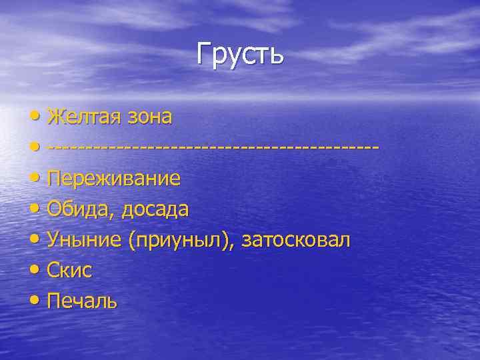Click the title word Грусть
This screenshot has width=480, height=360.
click(240, 54)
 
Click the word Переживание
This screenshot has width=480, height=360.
click(114, 179)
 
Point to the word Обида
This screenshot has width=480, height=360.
click(74, 209)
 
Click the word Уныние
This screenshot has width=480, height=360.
click(85, 240)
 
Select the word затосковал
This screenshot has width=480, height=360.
click(295, 240)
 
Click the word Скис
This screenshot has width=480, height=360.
click(69, 271)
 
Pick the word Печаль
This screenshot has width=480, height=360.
click(82, 301)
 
